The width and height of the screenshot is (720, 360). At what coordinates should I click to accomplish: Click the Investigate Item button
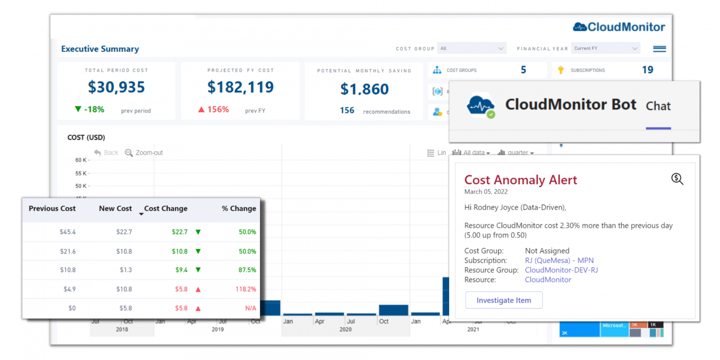(x=503, y=300)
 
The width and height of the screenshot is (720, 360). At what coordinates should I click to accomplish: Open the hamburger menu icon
(x=659, y=49)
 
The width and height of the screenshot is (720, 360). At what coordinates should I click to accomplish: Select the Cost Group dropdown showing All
(x=471, y=48)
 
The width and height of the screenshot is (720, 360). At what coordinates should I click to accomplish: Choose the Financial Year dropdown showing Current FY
(x=606, y=48)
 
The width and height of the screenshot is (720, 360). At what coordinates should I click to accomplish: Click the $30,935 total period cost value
(x=116, y=87)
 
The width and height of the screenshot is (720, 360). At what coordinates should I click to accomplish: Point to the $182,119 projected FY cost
(x=240, y=87)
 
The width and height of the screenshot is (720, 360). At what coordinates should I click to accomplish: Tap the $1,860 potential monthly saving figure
(x=364, y=89)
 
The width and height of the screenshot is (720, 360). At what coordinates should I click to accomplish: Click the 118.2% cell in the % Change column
(x=246, y=289)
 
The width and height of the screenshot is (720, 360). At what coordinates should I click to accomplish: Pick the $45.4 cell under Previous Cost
(x=68, y=232)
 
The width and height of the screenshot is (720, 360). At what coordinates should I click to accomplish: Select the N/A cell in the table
(x=250, y=308)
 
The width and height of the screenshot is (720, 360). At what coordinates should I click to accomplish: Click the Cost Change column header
(x=165, y=209)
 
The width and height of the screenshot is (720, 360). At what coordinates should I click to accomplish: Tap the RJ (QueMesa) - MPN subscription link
(x=559, y=260)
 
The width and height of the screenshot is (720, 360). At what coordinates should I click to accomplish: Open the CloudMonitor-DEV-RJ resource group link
(x=561, y=270)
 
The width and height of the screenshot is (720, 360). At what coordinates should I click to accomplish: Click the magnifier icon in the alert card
(x=677, y=179)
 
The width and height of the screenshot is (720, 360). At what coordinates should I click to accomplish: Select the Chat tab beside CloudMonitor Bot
(x=658, y=106)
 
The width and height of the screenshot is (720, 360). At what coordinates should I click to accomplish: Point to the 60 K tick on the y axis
(x=81, y=160)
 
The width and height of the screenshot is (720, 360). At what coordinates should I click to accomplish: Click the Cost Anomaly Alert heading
(x=520, y=180)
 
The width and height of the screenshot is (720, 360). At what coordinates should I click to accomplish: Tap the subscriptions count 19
(x=647, y=70)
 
